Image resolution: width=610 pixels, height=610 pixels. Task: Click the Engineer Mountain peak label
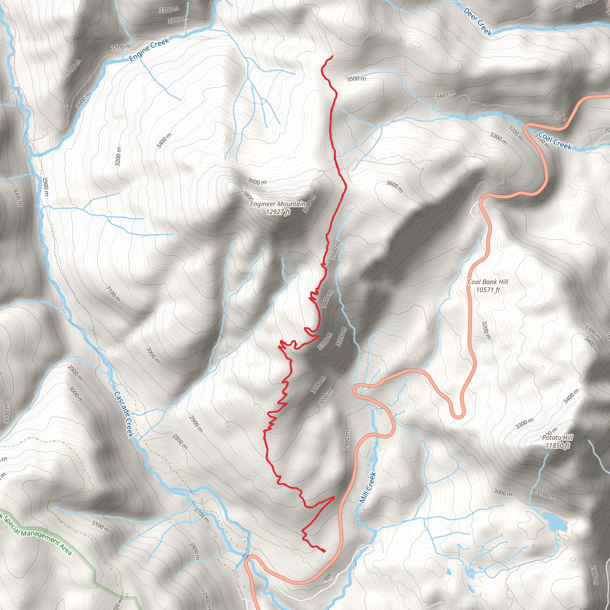(x=278, y=204)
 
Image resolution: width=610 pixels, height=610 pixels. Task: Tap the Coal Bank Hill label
(x=488, y=282)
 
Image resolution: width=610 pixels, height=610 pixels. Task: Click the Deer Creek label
(x=478, y=21)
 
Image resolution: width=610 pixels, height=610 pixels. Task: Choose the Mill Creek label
(x=368, y=487)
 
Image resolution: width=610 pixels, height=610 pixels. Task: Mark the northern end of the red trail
(x=332, y=56)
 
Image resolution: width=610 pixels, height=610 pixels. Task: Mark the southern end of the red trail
(x=324, y=551)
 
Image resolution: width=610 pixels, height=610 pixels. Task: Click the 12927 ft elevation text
(x=278, y=212)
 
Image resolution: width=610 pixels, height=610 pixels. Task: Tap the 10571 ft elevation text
(x=488, y=290)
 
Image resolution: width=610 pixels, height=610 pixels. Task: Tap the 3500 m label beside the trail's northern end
(x=356, y=78)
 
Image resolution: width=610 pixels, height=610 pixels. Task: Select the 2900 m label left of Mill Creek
(x=347, y=441)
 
